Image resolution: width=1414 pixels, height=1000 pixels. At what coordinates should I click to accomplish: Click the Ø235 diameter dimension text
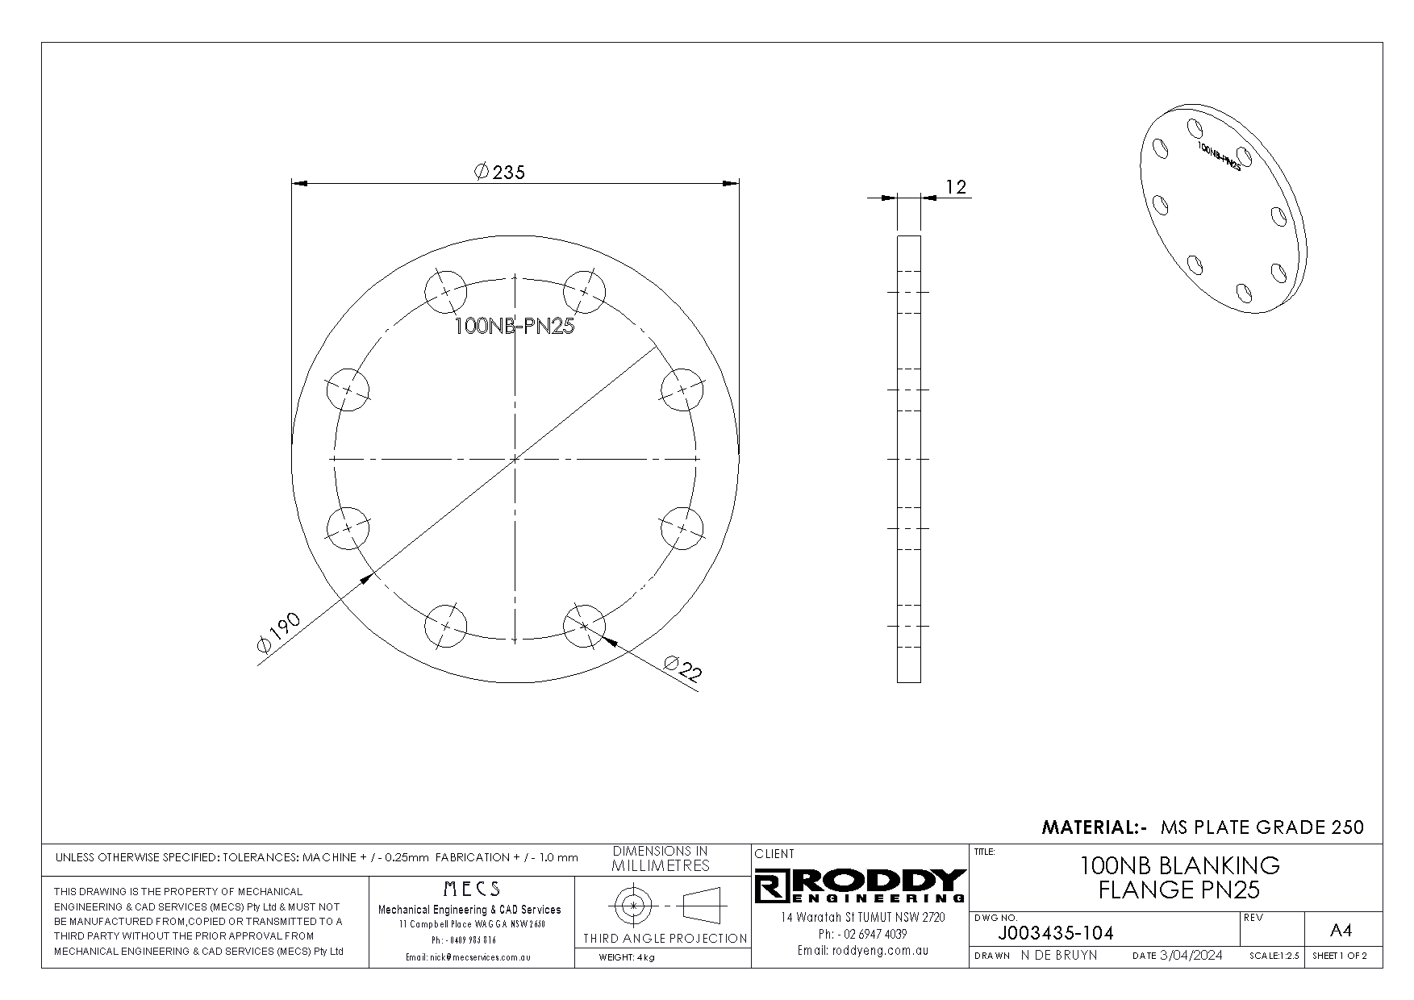click(500, 172)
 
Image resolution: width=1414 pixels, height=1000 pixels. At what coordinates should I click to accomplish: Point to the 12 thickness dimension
click(955, 187)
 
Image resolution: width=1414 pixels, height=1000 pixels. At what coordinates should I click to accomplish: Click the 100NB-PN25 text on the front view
click(515, 327)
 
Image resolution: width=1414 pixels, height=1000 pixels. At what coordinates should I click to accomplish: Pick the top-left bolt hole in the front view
click(445, 291)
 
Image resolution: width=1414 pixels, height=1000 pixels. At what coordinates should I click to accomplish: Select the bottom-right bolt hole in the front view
click(584, 626)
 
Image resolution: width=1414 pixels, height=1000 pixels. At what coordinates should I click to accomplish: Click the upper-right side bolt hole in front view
click(682, 390)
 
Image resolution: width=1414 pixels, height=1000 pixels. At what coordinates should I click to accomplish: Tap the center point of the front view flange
click(515, 459)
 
